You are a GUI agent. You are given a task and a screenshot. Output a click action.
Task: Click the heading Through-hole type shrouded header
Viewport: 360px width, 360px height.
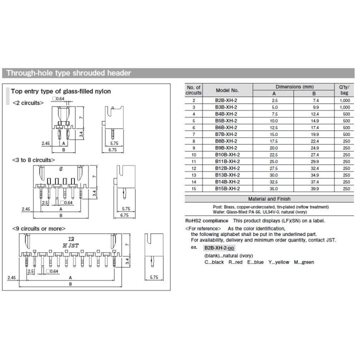[x=68, y=73]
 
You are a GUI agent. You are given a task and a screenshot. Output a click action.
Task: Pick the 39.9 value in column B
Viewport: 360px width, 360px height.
[x=313, y=188]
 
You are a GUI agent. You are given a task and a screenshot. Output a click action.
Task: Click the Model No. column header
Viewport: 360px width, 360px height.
[x=227, y=90]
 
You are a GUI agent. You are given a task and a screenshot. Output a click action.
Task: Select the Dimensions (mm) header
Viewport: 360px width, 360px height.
[x=294, y=86]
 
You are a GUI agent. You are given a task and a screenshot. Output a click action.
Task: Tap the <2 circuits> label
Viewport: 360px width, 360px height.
[x=28, y=102]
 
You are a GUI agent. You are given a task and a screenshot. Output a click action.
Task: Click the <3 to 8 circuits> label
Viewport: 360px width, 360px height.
[x=33, y=160]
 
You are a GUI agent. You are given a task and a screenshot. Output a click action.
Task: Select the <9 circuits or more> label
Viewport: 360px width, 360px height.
[x=37, y=228]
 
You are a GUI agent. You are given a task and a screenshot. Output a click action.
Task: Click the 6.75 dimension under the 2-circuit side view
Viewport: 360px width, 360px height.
[x=112, y=149]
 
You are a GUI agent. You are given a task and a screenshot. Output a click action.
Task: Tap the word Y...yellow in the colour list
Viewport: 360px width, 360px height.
[x=278, y=262]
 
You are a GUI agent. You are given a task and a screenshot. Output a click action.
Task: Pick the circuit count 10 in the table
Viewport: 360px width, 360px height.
[x=193, y=154]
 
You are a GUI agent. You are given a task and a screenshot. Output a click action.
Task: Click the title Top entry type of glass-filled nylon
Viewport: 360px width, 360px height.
[x=61, y=91]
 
